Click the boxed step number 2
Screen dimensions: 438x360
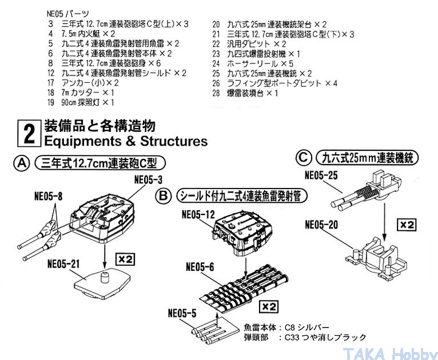(x=29, y=133)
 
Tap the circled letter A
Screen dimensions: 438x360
(x=22, y=163)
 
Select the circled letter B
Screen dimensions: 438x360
(x=163, y=196)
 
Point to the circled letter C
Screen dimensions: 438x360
(x=304, y=158)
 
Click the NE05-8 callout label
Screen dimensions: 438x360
(x=49, y=196)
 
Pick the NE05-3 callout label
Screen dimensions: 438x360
(x=148, y=180)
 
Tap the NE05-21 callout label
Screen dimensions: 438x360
(x=63, y=264)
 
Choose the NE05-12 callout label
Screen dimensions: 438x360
(x=198, y=215)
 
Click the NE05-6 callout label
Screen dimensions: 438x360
(x=200, y=267)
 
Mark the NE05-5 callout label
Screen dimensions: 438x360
(x=182, y=313)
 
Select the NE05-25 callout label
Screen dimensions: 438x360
(x=321, y=175)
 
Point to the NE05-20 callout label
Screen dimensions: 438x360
(x=321, y=225)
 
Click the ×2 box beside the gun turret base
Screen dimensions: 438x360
(x=125, y=259)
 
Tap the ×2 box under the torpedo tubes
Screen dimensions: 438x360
(x=269, y=307)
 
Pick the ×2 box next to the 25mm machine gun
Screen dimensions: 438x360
(x=407, y=225)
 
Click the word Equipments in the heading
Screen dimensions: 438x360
(x=82, y=141)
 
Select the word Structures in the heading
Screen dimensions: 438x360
(x=174, y=141)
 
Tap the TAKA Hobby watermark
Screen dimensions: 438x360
(x=390, y=354)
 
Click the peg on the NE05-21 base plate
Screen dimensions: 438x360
(x=105, y=277)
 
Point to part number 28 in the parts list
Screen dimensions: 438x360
(x=216, y=93)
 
